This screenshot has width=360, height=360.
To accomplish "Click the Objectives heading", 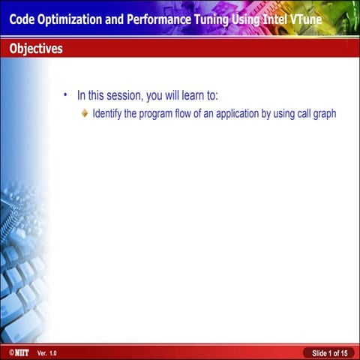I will (x=36, y=49).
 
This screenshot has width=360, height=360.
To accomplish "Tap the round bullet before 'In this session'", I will (x=65, y=95).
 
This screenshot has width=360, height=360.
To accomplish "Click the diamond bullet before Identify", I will (x=85, y=114).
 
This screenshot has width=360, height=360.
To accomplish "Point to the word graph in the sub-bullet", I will (x=323, y=115).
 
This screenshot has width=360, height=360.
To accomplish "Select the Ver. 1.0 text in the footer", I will (x=46, y=352).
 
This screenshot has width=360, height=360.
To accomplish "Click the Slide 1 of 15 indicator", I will (x=329, y=352).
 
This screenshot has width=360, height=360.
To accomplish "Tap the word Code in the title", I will (x=23, y=18).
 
